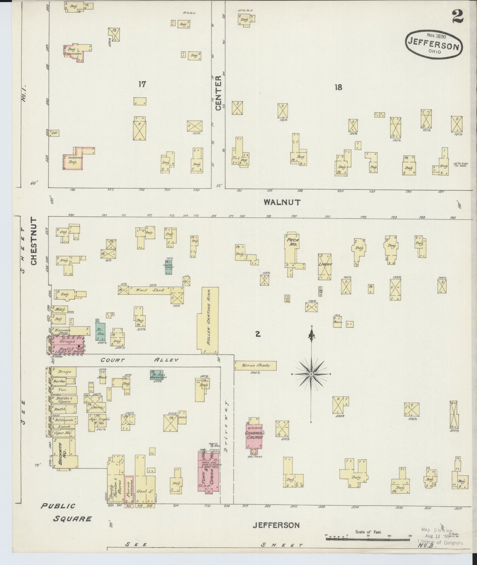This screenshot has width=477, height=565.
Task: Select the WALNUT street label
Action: tap(282, 202)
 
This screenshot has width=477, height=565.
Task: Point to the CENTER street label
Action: tap(218, 93)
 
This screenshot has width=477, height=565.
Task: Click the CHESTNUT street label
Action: tap(33, 241)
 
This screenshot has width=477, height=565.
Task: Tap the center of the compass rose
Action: tap(311, 374)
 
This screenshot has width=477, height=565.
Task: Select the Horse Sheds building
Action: tap(255, 365)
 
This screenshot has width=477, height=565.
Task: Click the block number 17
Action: tap(142, 85)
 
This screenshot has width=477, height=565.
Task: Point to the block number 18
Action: tap(338, 87)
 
